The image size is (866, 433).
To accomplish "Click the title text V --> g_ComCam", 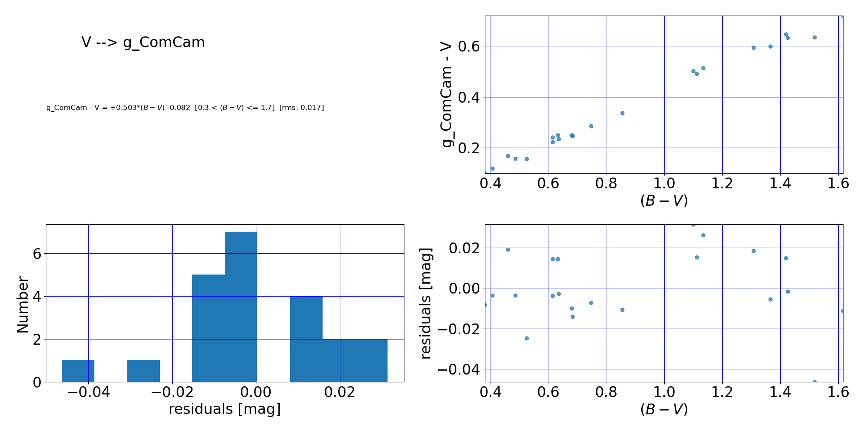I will tap(143, 42).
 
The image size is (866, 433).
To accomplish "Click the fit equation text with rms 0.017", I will tap(185, 108).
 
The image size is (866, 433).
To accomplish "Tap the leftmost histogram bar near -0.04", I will tap(78, 371).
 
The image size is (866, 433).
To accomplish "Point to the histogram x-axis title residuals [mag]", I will tap(224, 409).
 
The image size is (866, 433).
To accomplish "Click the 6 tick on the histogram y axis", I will tap(37, 254).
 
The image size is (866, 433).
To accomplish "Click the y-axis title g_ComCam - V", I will tap(446, 95).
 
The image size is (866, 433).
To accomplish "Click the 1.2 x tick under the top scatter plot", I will tap(722, 184).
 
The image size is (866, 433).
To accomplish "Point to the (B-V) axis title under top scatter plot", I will tap(664, 200).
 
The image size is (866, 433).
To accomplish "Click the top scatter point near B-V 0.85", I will tap(622, 113).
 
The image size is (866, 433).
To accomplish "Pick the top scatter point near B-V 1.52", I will tap(814, 38).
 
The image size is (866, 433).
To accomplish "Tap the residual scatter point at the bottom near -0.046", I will tap(814, 382).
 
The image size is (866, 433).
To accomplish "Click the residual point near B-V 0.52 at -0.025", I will tap(527, 339).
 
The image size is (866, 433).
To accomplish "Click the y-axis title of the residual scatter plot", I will tap(426, 303).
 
